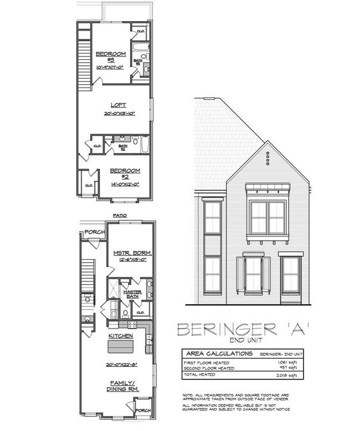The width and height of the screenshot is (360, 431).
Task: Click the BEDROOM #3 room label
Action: coord(111,57)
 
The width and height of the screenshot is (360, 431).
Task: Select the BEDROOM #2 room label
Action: coord(124,174)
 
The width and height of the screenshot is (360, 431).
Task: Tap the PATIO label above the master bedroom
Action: coord(120,215)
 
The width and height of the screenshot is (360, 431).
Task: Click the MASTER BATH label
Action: coord(132,294)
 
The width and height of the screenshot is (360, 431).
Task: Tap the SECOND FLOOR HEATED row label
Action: coord(209,367)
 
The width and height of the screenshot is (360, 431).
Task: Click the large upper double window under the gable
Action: coord(268,218)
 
